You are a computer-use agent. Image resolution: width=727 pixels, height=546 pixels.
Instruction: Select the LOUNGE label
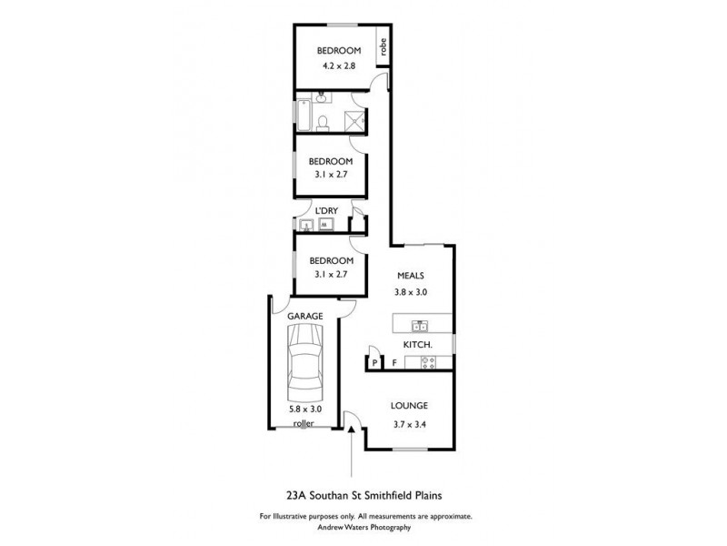tap(409, 406)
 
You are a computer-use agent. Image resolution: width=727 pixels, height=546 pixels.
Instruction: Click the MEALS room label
tap(410, 275)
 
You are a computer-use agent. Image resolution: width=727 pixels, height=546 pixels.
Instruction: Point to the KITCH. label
tap(416, 344)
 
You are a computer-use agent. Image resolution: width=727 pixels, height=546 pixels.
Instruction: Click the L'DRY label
tap(326, 211)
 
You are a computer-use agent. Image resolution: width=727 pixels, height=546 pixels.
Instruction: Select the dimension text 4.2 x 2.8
tap(340, 66)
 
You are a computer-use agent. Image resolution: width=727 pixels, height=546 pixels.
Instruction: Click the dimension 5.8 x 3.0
tap(304, 409)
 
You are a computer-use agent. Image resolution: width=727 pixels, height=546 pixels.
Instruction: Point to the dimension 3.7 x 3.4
tap(409, 424)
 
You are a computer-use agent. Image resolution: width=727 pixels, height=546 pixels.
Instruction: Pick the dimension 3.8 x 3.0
tap(410, 292)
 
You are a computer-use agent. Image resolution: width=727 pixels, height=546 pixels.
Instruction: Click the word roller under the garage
tap(304, 423)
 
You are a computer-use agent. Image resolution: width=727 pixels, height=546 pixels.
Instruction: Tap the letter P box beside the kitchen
tap(374, 363)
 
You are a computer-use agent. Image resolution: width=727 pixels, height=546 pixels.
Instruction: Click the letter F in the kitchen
tap(394, 363)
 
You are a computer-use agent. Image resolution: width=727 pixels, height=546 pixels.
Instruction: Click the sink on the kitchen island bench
tap(420, 325)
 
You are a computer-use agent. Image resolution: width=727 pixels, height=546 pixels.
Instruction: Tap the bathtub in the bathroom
tap(304, 116)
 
